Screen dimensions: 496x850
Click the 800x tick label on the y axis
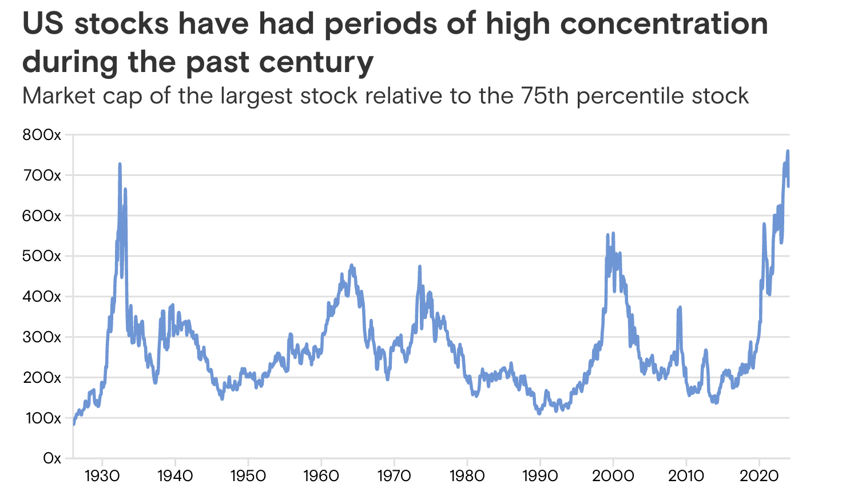click(42, 135)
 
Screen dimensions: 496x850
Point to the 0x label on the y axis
click(51, 458)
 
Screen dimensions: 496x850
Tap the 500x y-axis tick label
click(42, 256)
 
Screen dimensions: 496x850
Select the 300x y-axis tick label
click(42, 337)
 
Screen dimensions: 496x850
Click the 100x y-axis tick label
click(42, 418)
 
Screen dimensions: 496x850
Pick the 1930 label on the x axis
click(102, 476)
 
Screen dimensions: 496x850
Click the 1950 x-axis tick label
click(248, 476)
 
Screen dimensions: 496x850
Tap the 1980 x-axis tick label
click(467, 476)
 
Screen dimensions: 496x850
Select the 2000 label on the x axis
click(613, 476)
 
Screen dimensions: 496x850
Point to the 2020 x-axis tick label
click(759, 476)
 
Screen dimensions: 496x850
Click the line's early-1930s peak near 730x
click(120, 164)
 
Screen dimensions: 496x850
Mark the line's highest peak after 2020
click(788, 151)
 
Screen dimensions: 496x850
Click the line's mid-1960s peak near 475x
click(351, 265)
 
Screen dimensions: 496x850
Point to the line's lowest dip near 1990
click(539, 413)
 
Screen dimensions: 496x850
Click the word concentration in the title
click(664, 24)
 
